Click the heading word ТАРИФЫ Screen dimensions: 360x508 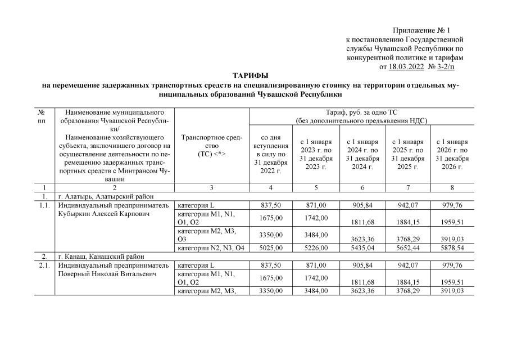click(x=251, y=75)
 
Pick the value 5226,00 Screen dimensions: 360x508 click(x=316, y=247)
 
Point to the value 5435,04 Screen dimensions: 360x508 click(x=361, y=247)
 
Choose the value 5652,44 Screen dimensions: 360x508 click(x=407, y=247)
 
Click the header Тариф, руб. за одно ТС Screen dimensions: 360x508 click(x=361, y=116)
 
